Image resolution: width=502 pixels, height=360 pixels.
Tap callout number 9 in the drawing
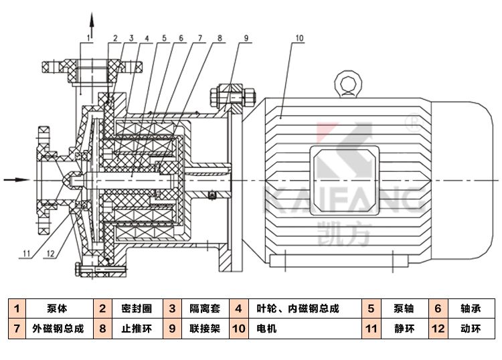(245, 38)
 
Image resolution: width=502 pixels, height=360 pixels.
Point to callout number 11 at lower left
(26, 252)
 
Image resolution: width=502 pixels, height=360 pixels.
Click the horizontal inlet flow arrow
(16, 179)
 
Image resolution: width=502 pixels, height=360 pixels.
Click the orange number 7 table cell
(15, 329)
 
